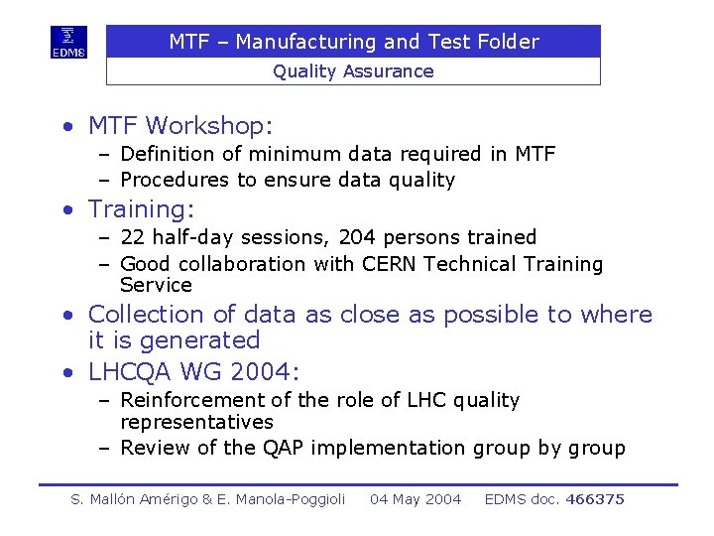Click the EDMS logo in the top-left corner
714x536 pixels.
tap(68, 43)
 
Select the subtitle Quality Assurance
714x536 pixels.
tap(353, 71)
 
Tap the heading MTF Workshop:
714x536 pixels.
tap(179, 126)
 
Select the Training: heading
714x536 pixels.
tap(141, 209)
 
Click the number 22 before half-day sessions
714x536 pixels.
tap(133, 237)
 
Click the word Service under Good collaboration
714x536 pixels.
tap(156, 285)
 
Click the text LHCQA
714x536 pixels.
tap(131, 372)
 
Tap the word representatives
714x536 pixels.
tap(196, 422)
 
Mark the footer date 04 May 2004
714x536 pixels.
tap(416, 499)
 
